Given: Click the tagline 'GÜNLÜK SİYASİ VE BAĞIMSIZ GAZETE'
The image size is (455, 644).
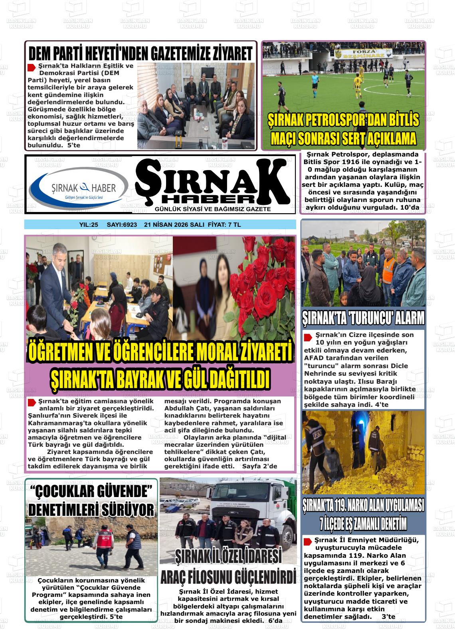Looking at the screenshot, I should (213, 209).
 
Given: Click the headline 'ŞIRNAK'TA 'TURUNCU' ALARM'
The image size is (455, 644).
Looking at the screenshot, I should (363, 318).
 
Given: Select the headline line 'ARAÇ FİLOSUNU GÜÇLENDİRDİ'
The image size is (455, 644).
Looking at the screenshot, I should (228, 577).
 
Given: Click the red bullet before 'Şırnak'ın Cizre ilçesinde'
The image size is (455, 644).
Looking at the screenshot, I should (308, 337).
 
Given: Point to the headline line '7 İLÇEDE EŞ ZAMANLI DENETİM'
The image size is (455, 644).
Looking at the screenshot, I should (363, 523).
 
